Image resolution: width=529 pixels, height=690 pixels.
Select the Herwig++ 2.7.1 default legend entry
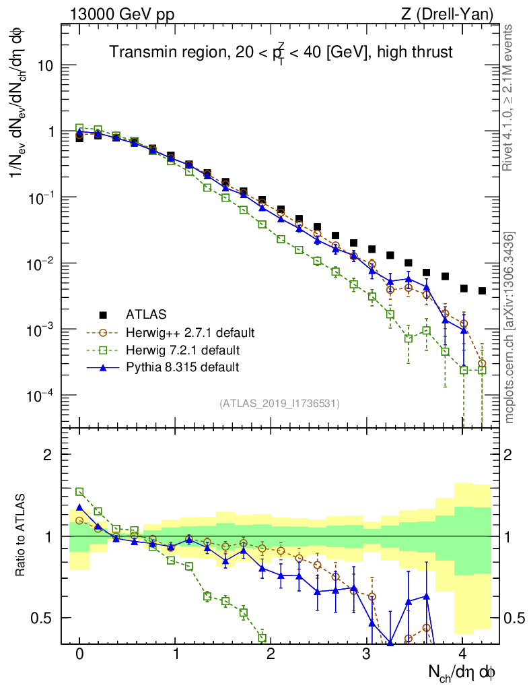190,332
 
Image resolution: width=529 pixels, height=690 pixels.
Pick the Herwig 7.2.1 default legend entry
182,350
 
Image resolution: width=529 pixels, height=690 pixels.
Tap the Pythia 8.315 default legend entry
182,367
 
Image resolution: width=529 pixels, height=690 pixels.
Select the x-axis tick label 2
271,654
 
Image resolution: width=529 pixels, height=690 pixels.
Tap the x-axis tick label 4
462,654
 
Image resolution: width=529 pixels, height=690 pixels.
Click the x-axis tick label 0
80,654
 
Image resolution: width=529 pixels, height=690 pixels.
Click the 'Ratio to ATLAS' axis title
22,536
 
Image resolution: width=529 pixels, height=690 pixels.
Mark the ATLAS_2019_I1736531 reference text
279,404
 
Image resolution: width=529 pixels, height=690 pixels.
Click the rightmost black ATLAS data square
482,291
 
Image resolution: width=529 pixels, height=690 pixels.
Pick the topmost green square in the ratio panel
80,492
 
